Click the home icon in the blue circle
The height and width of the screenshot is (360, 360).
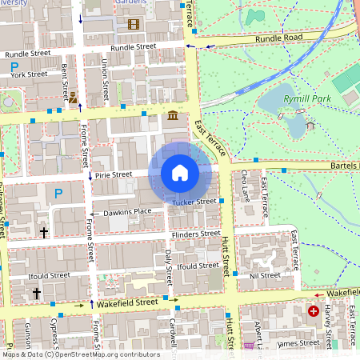coord(180,173)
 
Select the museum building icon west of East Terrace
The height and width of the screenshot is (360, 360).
coord(173,118)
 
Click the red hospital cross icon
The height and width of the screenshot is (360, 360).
coord(314,310)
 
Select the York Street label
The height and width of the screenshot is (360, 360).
coord(30,74)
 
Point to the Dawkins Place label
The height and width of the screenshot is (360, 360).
coord(126,212)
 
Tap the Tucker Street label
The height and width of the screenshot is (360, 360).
coord(194,202)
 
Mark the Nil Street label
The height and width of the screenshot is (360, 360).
coord(265,275)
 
